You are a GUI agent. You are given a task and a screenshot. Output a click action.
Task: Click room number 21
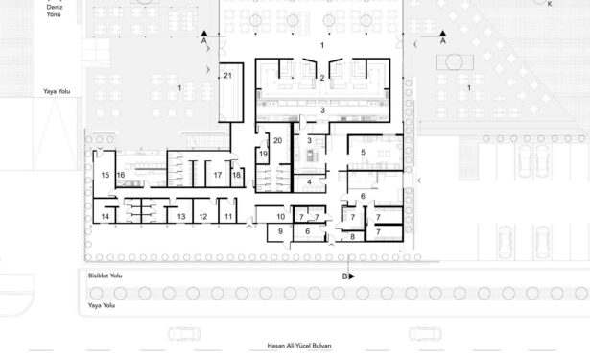[x=227, y=76]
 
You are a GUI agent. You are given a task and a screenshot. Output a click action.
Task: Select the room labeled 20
[x=277, y=140]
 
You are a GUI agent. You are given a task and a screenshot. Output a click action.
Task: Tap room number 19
[x=263, y=154]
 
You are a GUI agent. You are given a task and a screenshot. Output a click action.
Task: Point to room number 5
[x=363, y=152]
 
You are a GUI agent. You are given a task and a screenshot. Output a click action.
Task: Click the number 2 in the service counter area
[x=322, y=78]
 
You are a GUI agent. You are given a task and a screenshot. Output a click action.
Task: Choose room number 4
[x=309, y=181]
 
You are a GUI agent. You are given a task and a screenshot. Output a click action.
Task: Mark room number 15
[x=106, y=175]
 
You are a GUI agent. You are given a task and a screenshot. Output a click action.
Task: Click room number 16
[x=121, y=175]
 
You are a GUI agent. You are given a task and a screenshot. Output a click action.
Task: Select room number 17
[x=218, y=175]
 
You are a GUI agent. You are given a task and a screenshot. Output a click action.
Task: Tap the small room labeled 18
[x=236, y=175]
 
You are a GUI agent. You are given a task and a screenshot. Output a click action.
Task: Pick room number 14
[x=106, y=217]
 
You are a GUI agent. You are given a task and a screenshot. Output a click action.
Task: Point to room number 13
[x=181, y=217]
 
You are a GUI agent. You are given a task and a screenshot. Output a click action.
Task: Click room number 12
[x=203, y=217]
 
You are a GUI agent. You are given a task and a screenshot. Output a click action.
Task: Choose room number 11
[x=228, y=217]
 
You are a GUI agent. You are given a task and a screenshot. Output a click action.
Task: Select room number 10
[x=281, y=217]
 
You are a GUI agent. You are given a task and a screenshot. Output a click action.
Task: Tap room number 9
[x=280, y=231]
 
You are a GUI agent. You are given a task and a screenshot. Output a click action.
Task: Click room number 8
[x=353, y=237]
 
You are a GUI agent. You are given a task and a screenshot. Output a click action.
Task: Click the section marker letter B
[x=344, y=276]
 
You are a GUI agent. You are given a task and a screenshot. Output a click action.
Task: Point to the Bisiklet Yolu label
[x=106, y=276]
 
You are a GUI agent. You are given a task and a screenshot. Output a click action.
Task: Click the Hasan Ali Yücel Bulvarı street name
[x=299, y=346]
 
